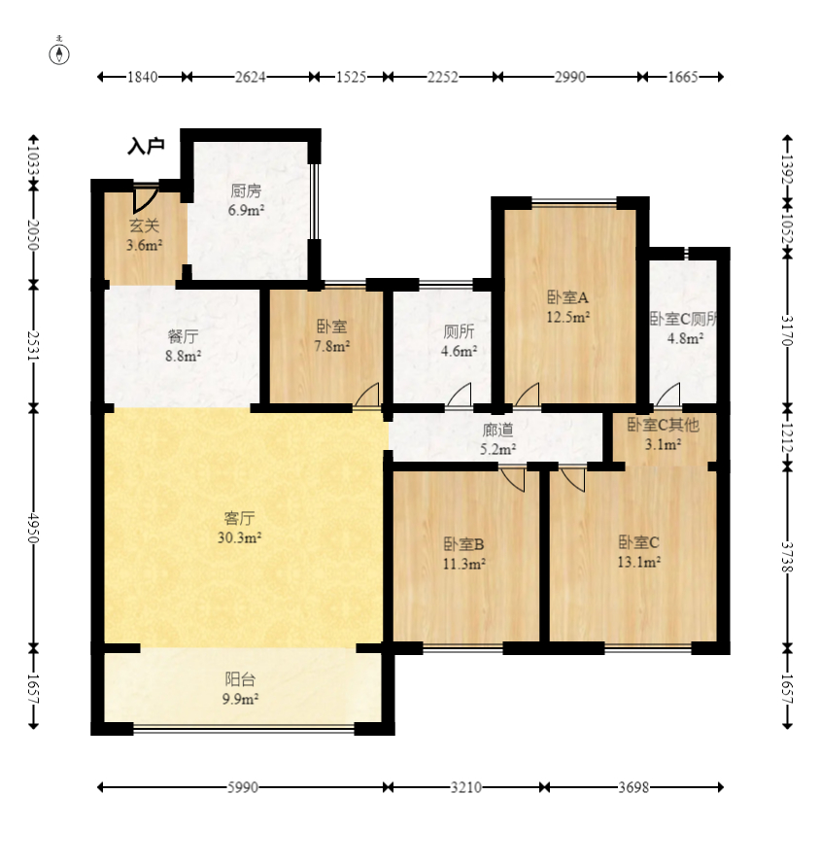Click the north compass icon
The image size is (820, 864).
tap(59, 53)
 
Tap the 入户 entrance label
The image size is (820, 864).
tap(146, 146)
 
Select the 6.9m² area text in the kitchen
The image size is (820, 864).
tap(246, 210)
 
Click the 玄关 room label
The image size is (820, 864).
tap(145, 225)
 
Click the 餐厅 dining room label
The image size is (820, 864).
tap(183, 335)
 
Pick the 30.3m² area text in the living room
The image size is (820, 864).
tap(239, 537)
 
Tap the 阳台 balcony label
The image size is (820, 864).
tap(240, 678)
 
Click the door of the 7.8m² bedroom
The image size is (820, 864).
tap(367, 396)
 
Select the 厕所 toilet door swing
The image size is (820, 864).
tap(460, 396)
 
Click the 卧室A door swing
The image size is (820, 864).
tap(527, 396)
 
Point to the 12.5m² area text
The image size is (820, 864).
tap(567, 317)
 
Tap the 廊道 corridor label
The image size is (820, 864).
tap(497, 430)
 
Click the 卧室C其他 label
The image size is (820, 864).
tap(663, 425)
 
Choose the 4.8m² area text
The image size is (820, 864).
tap(685, 338)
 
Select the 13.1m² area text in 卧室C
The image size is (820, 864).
tap(639, 562)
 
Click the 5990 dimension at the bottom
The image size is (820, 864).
tap(243, 787)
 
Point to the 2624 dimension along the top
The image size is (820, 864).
tap(250, 77)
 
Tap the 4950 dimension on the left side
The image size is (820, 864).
tap(34, 528)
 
